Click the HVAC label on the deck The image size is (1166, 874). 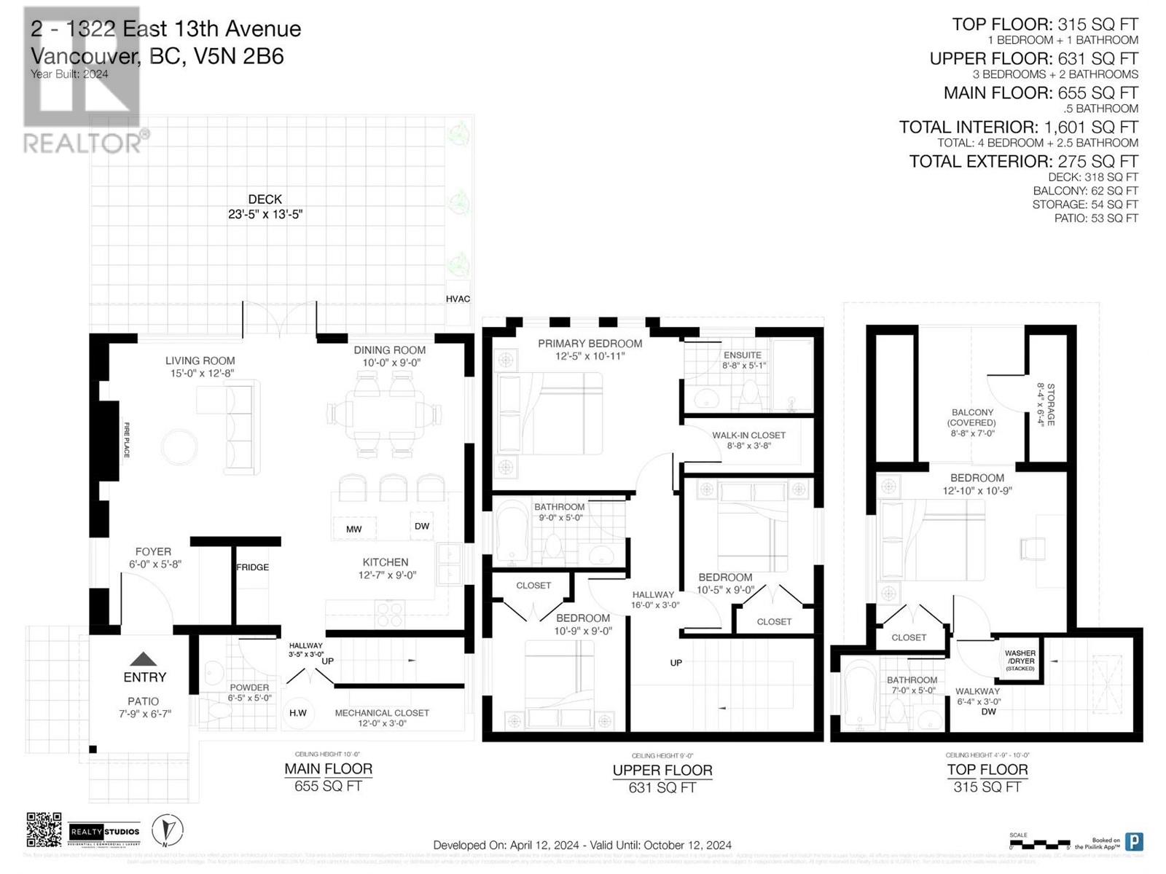(x=458, y=299)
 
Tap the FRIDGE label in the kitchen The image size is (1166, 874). (x=252, y=567)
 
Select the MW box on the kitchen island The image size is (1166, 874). (x=353, y=529)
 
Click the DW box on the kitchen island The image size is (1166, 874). (x=422, y=526)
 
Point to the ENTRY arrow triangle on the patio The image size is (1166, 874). (x=144, y=659)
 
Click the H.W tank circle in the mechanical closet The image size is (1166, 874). (x=298, y=713)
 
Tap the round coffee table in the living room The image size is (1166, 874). (x=179, y=447)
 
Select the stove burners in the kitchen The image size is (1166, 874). (x=389, y=613)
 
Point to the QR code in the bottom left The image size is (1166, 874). (x=44, y=830)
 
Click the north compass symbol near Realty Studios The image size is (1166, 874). (x=168, y=830)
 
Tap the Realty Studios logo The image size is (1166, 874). (x=104, y=831)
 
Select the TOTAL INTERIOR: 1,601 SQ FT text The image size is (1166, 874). (x=1018, y=127)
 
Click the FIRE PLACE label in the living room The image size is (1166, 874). (x=127, y=440)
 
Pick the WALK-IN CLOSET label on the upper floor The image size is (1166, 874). (x=748, y=440)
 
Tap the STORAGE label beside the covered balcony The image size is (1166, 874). (x=1046, y=405)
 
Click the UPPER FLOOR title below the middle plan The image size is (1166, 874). (x=662, y=771)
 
